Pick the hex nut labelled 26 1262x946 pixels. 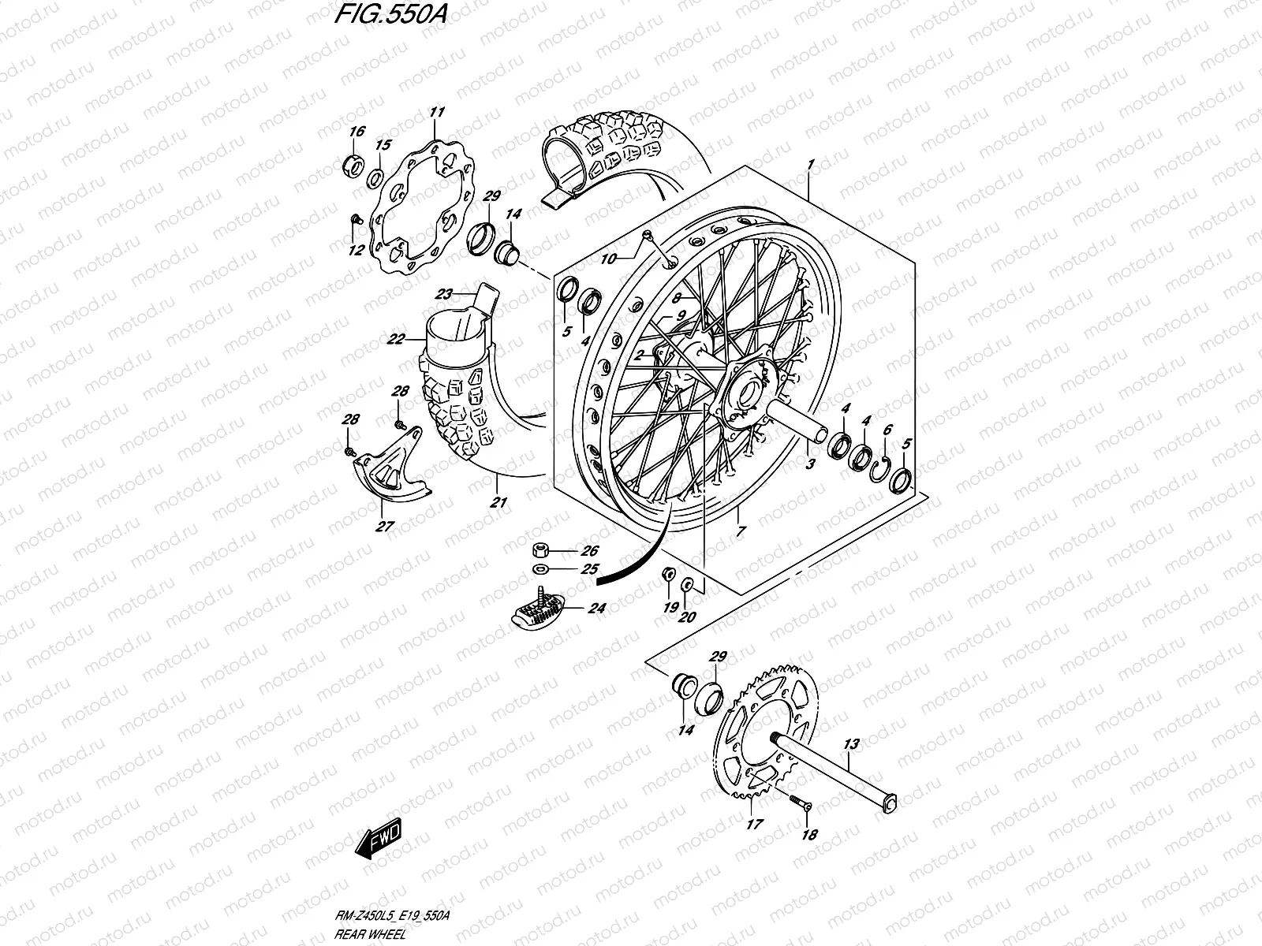point(542,551)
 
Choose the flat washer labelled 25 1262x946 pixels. point(542,568)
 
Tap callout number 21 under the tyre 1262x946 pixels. point(498,502)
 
